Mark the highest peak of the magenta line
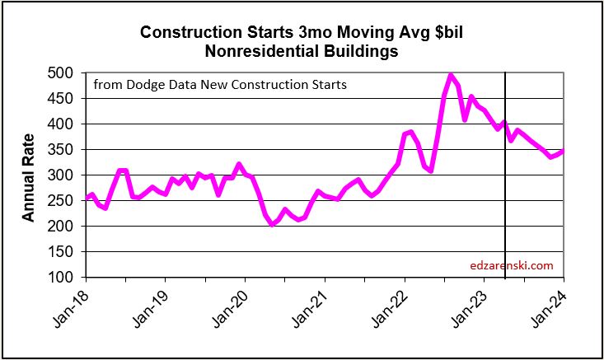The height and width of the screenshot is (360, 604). pos(451,75)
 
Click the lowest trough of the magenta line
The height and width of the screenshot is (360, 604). pos(273,224)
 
